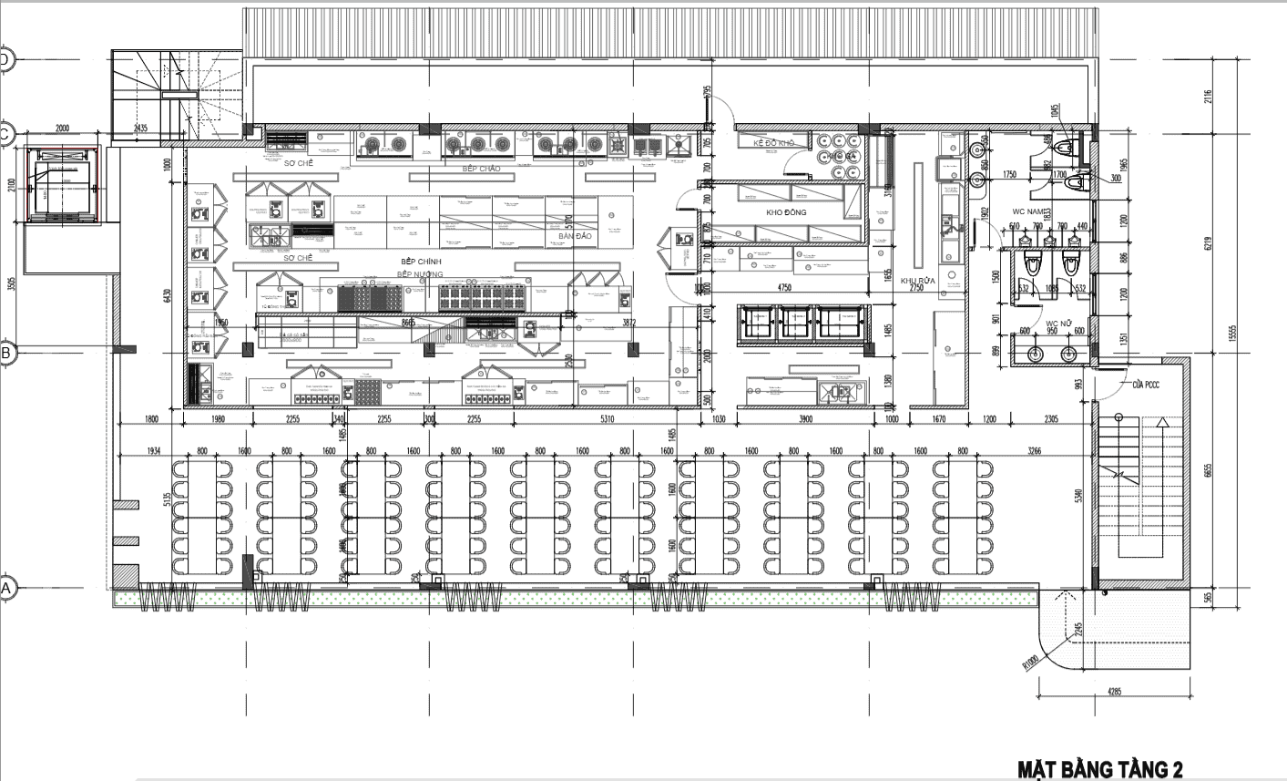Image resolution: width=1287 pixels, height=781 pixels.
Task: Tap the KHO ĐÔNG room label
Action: click(x=786, y=212)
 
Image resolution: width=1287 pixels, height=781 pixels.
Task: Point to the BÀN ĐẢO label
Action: click(x=576, y=236)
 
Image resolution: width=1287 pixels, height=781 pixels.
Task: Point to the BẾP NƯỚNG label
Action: click(x=420, y=273)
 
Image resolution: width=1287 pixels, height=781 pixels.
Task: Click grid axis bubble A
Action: click(x=6, y=589)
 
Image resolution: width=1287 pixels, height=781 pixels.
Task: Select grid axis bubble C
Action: click(x=6, y=134)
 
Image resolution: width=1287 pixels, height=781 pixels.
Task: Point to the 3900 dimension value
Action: click(x=806, y=420)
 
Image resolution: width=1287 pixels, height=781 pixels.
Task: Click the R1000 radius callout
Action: click(x=1031, y=663)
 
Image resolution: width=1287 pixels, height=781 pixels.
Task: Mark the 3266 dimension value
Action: click(x=1034, y=451)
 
